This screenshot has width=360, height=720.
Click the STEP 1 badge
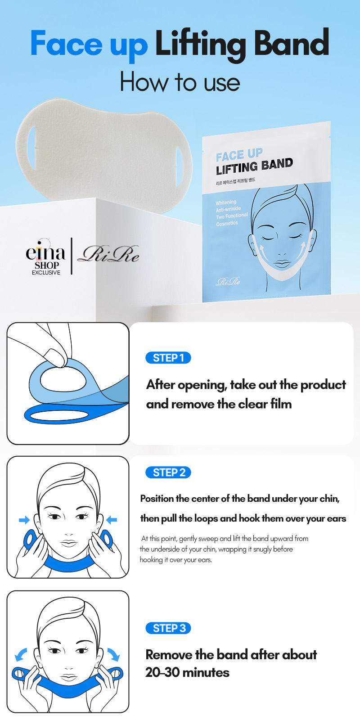point(168,358)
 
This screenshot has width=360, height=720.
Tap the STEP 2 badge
point(168,472)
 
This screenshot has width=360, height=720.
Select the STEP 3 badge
point(168,628)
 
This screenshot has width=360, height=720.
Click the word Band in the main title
point(292,43)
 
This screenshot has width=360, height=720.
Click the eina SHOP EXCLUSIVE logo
point(45,257)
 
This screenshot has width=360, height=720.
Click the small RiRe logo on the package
point(228,281)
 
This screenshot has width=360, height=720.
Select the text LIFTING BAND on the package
point(254,166)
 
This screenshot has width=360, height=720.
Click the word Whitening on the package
point(226,202)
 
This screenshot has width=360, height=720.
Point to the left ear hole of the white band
point(31,148)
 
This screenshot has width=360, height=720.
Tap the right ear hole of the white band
point(179,167)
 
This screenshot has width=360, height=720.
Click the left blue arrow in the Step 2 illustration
point(24,520)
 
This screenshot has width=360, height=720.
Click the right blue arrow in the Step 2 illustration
point(111,520)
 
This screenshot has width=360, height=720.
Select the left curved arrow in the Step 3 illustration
point(21,655)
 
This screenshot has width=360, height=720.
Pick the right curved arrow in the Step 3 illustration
point(114,655)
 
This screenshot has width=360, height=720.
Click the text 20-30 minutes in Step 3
point(187,672)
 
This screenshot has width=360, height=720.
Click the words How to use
point(180,82)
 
